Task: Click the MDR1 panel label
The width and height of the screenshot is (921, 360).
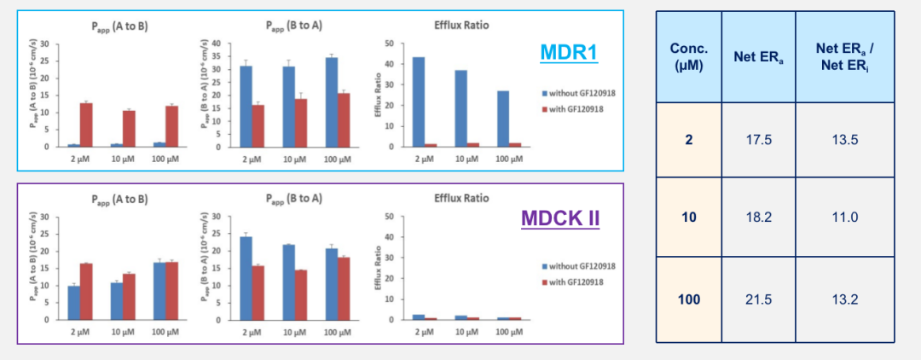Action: tap(569, 53)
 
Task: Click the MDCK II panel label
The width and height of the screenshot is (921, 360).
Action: tap(559, 218)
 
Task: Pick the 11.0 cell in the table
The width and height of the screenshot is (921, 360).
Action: tap(843, 217)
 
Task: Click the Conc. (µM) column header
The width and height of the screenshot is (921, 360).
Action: tap(688, 57)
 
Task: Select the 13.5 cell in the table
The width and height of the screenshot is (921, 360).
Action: tap(843, 140)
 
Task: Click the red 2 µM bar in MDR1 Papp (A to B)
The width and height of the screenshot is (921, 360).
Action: tap(85, 125)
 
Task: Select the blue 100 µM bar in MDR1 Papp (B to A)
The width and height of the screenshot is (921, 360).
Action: tap(332, 102)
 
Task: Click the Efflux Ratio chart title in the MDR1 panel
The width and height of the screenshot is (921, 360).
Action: tap(460, 26)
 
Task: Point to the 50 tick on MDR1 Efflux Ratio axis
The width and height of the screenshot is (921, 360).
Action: tap(389, 44)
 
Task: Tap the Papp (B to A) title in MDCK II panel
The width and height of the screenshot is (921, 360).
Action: tap(289, 199)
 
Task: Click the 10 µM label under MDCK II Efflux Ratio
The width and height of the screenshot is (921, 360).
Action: tap(460, 330)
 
